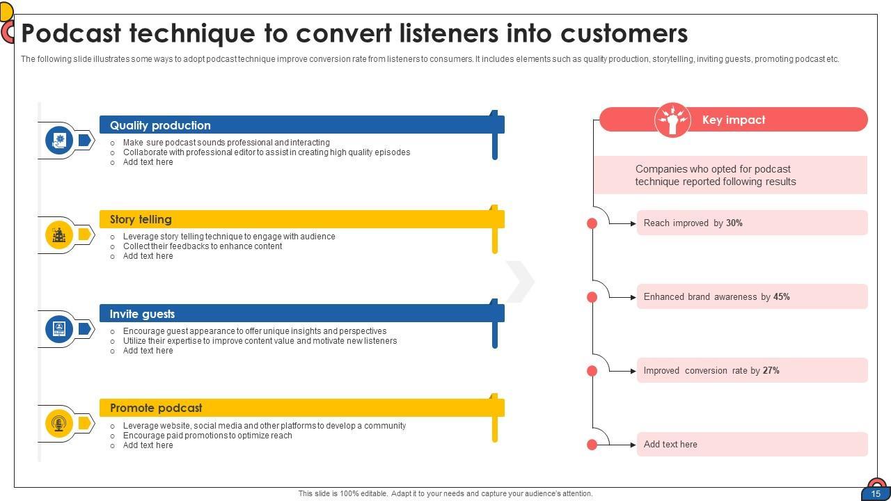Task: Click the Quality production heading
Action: [x=160, y=125]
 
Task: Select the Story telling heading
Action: [x=141, y=219]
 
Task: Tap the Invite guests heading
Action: [x=142, y=314]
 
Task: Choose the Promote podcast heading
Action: [x=156, y=408]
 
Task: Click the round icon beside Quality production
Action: [x=59, y=140]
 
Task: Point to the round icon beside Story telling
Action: [x=59, y=234]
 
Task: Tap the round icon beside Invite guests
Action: [x=59, y=328]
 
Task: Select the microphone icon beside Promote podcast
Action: [x=59, y=423]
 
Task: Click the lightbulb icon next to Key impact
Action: [x=672, y=120]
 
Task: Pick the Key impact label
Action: [x=734, y=120]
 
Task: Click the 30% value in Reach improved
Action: [x=734, y=223]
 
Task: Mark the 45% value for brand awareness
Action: [x=781, y=297]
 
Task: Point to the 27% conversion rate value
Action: [x=771, y=371]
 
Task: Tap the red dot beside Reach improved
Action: [x=592, y=223]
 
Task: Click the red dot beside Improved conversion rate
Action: [x=592, y=371]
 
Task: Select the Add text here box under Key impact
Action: [x=752, y=445]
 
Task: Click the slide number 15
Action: [x=876, y=494]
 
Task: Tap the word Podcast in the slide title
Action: [x=71, y=33]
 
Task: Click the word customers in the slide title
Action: [x=624, y=33]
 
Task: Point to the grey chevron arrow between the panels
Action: [x=520, y=282]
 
